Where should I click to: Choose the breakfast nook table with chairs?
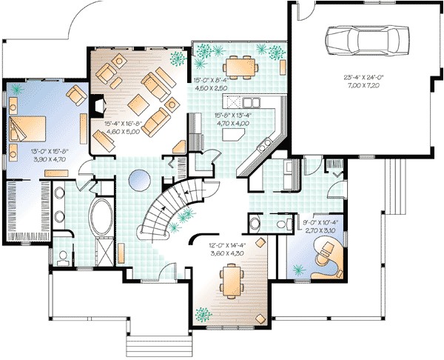coord(238,67)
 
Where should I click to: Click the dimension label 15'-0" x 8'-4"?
coord(211,84)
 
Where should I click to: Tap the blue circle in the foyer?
coord(140,179)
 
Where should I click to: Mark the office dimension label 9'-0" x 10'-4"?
coord(320,226)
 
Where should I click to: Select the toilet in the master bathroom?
coord(64,256)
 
